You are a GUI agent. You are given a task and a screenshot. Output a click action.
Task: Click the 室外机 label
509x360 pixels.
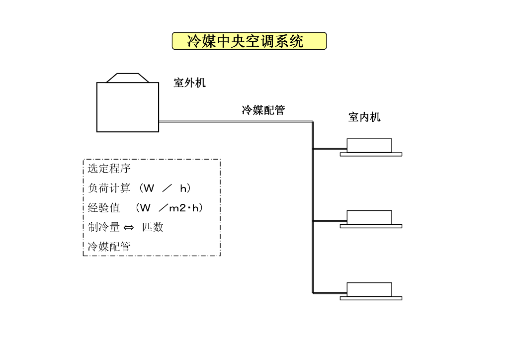(x=189, y=83)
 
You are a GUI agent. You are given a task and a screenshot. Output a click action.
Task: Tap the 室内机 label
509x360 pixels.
(x=364, y=117)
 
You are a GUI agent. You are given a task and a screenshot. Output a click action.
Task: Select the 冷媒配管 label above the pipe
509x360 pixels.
(x=263, y=110)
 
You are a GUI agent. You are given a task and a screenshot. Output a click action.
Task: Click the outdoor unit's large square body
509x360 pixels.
(x=128, y=107)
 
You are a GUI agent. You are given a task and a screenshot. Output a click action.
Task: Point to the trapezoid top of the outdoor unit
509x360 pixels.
(x=128, y=78)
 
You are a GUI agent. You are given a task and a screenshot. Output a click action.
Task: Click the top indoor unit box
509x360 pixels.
(x=369, y=145)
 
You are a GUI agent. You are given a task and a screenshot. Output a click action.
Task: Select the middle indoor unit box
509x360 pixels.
(x=369, y=217)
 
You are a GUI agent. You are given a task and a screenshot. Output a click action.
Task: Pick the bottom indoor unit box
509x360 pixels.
(x=369, y=289)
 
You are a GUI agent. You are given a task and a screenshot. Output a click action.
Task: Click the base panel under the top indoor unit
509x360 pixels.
(x=371, y=155)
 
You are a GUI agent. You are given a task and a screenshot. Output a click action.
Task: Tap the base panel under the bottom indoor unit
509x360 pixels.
(x=371, y=298)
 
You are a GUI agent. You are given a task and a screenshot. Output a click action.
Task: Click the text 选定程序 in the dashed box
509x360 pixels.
(x=109, y=169)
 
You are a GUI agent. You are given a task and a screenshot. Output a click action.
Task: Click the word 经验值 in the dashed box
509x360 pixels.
(x=104, y=208)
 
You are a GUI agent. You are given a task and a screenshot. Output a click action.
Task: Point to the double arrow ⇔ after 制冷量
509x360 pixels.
(x=129, y=228)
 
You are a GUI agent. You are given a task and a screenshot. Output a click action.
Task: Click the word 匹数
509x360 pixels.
(x=153, y=227)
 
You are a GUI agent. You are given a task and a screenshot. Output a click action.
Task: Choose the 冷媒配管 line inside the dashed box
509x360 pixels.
(x=109, y=247)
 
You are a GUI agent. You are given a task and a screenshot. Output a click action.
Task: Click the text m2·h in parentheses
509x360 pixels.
(x=185, y=208)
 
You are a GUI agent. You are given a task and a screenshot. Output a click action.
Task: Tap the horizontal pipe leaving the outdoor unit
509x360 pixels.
(x=234, y=121)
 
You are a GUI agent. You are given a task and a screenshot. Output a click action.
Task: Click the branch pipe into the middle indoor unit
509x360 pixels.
(x=330, y=220)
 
